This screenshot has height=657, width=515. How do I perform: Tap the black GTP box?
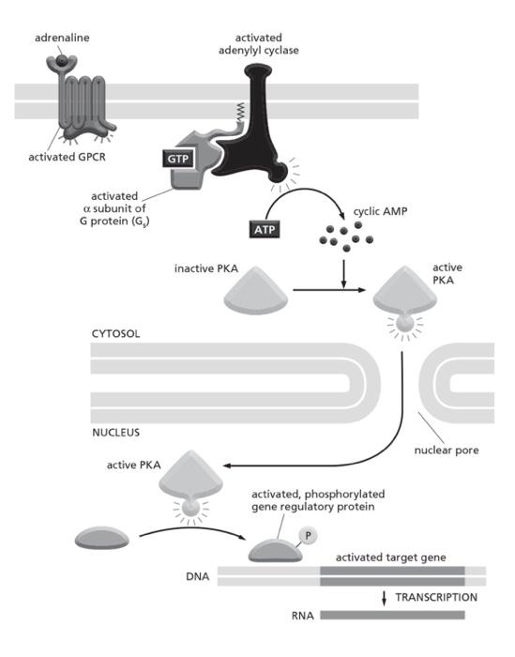tap(177, 160)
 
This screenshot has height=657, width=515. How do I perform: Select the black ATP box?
tap(265, 228)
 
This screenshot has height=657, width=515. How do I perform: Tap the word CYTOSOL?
tap(119, 334)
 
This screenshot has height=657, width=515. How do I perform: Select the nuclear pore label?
tap(446, 450)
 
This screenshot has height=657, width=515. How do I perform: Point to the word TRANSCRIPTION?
tap(435, 597)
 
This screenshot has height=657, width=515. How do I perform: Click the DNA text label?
tap(198, 573)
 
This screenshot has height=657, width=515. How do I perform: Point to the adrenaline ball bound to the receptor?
tap(62, 63)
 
